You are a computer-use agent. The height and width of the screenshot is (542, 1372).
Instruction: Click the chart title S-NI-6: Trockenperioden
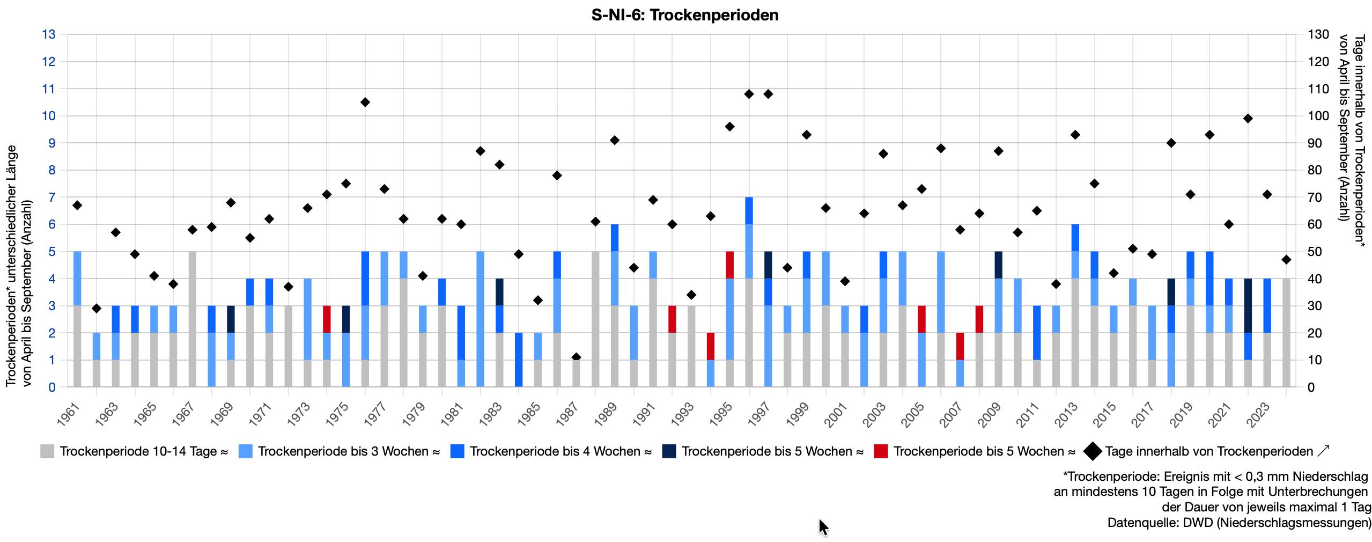684,15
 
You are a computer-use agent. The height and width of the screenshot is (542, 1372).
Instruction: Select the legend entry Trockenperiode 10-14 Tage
143,451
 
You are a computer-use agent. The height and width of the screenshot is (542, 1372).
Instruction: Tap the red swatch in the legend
880,451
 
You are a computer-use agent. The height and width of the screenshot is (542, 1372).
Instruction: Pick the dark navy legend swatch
669,451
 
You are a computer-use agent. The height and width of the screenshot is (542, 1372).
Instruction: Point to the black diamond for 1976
365,102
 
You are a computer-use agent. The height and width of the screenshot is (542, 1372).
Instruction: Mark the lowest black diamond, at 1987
576,357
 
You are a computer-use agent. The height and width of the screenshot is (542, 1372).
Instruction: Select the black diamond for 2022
1248,119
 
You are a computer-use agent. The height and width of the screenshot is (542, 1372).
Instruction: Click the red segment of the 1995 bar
729,265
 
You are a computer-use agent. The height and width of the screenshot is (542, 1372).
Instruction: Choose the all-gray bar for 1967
193,319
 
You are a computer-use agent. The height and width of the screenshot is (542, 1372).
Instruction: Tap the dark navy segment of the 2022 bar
1248,306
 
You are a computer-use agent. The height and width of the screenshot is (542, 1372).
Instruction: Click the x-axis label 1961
69,415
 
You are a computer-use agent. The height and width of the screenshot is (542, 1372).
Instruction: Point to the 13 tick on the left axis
49,34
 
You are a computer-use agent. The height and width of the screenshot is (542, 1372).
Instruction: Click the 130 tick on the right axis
1318,34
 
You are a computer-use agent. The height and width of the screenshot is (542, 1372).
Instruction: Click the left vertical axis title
18,266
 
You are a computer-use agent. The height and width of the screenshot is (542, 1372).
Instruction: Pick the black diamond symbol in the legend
1092,451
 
